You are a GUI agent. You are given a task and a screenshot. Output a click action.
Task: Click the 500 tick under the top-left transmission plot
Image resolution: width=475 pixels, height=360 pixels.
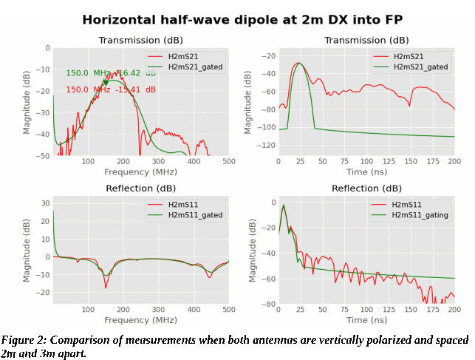[x=228, y=162]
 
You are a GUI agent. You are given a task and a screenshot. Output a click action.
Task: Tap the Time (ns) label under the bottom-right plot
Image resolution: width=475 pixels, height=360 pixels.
[x=366, y=320]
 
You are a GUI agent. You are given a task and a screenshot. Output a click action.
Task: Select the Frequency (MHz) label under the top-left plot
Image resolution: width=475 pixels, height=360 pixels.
[x=140, y=172]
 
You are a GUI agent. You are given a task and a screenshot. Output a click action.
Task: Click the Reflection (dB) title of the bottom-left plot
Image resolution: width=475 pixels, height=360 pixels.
[x=140, y=188]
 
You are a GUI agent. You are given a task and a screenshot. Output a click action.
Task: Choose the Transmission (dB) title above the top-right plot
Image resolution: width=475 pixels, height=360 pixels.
[x=366, y=40]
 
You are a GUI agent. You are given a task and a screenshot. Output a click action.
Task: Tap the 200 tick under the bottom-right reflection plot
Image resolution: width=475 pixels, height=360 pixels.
[x=454, y=310]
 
